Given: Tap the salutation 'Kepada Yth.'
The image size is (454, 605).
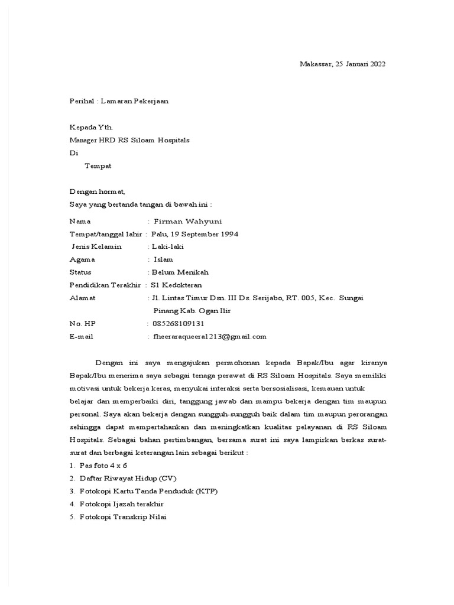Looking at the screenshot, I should (91, 127).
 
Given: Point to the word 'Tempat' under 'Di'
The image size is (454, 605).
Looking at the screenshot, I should (98, 166).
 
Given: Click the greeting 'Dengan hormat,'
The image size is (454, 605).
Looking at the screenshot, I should (98, 191).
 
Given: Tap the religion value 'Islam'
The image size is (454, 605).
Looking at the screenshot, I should (164, 259).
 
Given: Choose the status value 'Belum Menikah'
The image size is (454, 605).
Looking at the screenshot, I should (180, 272).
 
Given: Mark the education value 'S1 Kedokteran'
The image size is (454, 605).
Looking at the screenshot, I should (176, 285).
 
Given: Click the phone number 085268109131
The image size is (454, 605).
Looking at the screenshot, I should (178, 324).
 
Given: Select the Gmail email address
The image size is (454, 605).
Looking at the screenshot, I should (209, 337).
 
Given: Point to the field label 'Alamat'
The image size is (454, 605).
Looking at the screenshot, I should (82, 298).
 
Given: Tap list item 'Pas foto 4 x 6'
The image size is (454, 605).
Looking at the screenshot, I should (103, 466).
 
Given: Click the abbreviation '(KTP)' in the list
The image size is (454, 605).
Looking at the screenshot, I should (210, 491).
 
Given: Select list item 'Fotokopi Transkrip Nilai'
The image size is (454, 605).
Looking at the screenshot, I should (123, 517).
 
